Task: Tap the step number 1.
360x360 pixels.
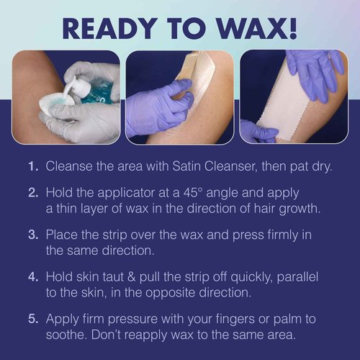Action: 32,166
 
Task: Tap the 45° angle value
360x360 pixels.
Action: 208,194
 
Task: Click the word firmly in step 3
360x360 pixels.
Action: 272,235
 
